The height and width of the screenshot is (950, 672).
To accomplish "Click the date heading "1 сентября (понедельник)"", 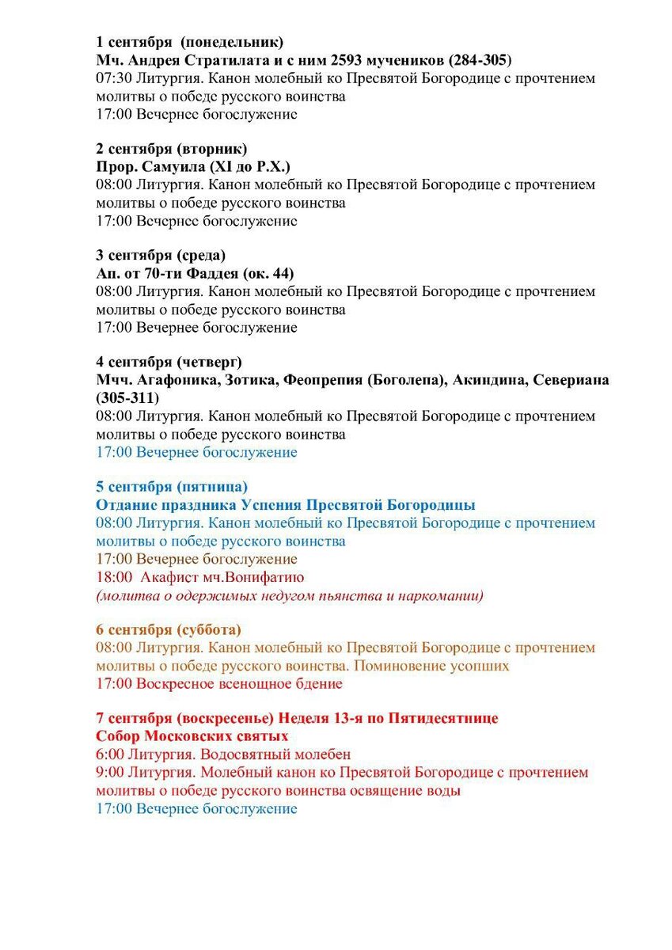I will (x=189, y=42).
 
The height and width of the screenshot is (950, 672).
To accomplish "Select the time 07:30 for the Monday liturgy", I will (x=114, y=78).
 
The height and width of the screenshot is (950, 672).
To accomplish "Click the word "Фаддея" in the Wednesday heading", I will (x=209, y=273).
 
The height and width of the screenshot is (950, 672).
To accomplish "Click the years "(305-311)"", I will (x=127, y=397).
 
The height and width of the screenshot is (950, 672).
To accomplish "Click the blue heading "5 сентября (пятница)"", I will (x=172, y=487).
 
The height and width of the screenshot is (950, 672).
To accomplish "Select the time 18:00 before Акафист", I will (x=114, y=577).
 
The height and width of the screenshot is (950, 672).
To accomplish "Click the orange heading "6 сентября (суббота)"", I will (x=169, y=630).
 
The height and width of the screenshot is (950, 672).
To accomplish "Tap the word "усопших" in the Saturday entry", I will (x=480, y=666).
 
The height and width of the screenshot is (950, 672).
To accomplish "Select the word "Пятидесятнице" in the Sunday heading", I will (x=447, y=719).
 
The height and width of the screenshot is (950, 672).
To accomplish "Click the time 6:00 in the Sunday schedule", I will (x=110, y=754).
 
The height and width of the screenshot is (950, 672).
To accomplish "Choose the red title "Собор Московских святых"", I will (x=192, y=736).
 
